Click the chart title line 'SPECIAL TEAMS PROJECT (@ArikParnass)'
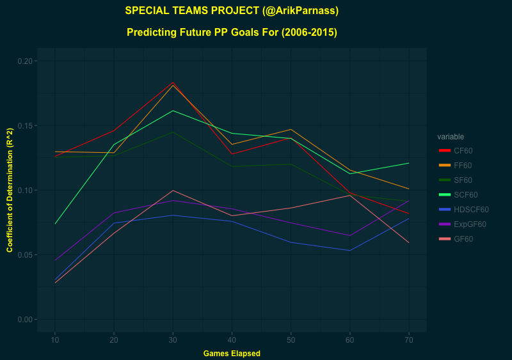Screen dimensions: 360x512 (232, 11)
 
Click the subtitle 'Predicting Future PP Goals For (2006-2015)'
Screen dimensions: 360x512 (232, 32)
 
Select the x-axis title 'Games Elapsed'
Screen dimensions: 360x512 (232, 353)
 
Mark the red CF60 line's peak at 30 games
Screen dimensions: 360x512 (173, 82)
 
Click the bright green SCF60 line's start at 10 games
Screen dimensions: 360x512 (55, 224)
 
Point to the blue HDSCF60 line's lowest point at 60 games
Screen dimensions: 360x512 (349, 250)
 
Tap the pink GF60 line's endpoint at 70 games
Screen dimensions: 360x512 (408, 242)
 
